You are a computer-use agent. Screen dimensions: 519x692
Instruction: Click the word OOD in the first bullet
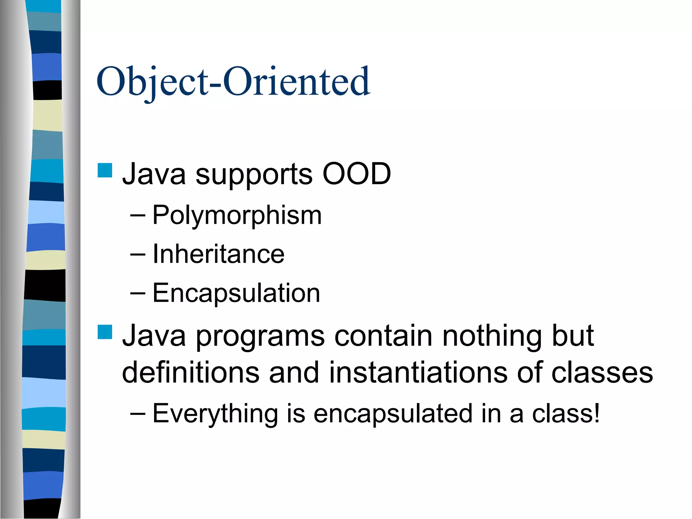pyautogui.click(x=356, y=174)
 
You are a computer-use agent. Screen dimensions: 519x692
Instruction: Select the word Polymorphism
pyautogui.click(x=237, y=216)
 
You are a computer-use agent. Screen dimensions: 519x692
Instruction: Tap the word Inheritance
pyautogui.click(x=218, y=254)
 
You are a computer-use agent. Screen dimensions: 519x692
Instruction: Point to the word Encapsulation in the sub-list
pyautogui.click(x=236, y=293)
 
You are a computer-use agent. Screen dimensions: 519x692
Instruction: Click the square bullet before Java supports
pyautogui.click(x=105, y=170)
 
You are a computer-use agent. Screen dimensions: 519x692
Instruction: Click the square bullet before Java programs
pyautogui.click(x=105, y=332)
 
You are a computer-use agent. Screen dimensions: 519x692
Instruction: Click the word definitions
pyautogui.click(x=191, y=372)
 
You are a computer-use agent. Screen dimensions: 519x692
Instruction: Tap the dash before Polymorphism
pyautogui.click(x=138, y=216)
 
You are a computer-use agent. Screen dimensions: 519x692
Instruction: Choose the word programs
pyautogui.click(x=260, y=337)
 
